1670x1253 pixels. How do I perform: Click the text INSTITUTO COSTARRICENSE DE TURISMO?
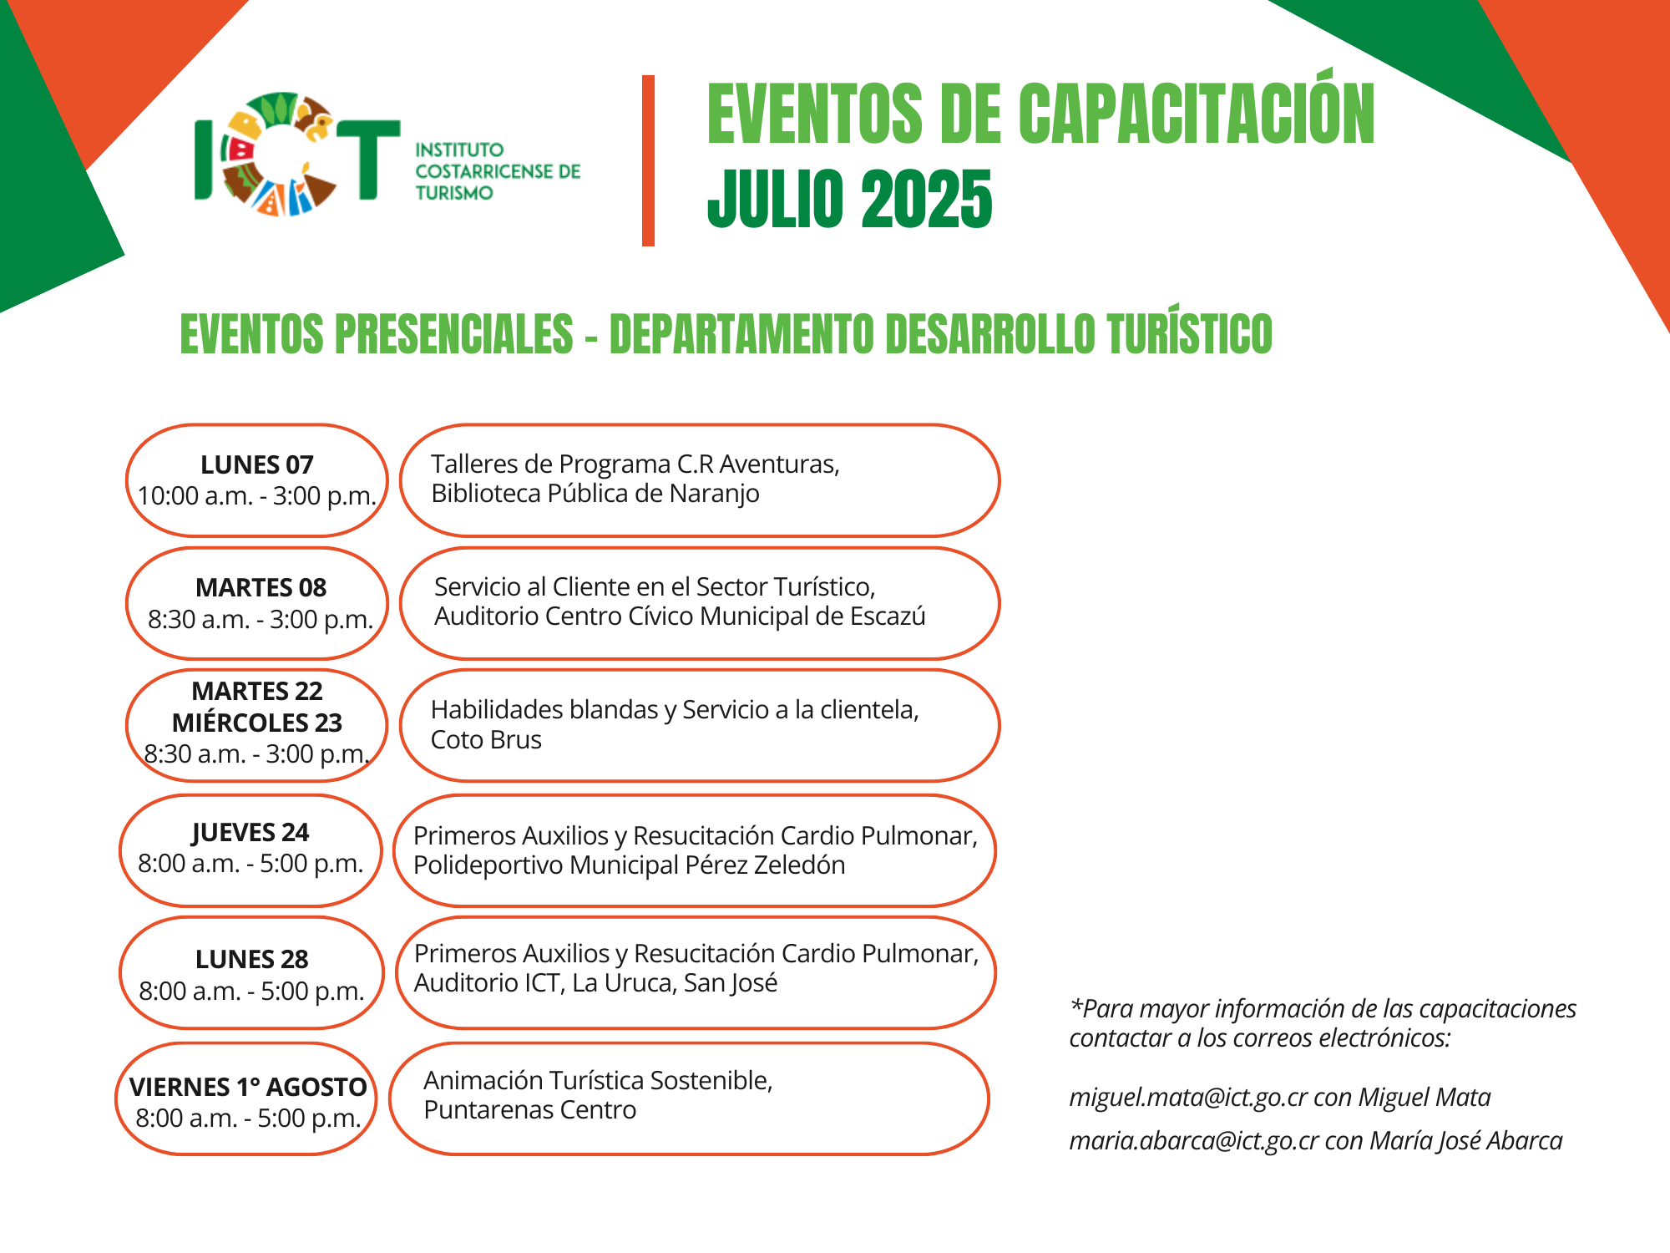coord(498,171)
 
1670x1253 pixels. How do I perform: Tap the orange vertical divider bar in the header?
coord(648,160)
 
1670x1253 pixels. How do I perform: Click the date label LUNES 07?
coord(257,464)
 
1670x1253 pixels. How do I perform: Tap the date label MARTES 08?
coord(261,587)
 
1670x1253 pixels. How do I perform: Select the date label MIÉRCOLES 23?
coord(257,722)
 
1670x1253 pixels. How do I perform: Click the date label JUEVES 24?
coord(250,833)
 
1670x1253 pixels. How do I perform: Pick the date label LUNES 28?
coord(252,959)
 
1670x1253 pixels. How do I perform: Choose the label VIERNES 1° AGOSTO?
coord(248,1087)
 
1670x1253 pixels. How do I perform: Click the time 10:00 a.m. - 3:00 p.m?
coord(257,496)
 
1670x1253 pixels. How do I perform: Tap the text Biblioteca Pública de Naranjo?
coord(595,494)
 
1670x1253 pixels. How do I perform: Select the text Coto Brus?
coord(486,739)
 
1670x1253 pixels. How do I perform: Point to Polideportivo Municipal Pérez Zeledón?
coord(630,865)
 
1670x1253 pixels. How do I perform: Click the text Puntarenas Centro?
coord(530,1110)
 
